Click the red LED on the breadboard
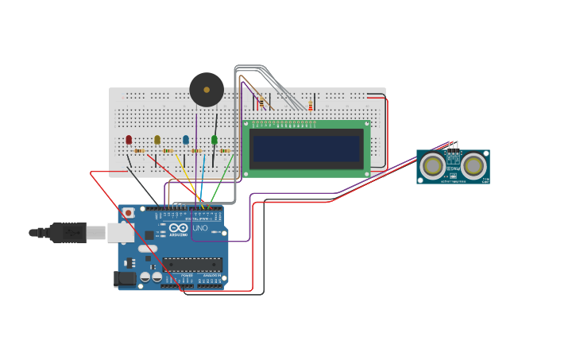pyautogui.click(x=129, y=140)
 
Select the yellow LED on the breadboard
pyautogui.click(x=157, y=140)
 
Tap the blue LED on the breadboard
pyautogui.click(x=186, y=140)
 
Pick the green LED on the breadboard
pyautogui.click(x=215, y=140)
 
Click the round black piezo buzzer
pyautogui.click(x=207, y=90)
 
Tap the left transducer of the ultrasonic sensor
pyautogui.click(x=433, y=166)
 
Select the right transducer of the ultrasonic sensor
pyautogui.click(x=474, y=166)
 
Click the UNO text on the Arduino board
pyautogui.click(x=200, y=229)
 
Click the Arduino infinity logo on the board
pyautogui.click(x=178, y=229)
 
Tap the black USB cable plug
pyautogui.click(x=68, y=232)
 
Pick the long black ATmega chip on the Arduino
pyautogui.click(x=192, y=265)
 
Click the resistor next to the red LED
pyautogui.click(x=140, y=150)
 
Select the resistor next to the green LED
pyautogui.click(x=226, y=150)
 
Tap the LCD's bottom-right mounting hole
pyautogui.click(x=366, y=172)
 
